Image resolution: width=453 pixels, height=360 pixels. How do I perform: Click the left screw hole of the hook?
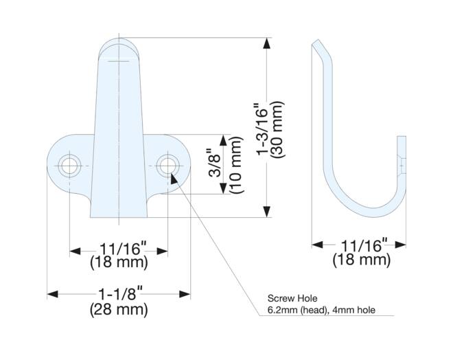pos(69,166)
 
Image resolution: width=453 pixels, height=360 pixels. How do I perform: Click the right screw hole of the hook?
pos(167,166)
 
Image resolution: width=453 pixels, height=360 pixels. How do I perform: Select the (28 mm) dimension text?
pos(119,310)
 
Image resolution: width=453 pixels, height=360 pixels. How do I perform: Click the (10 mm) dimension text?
pos(237,165)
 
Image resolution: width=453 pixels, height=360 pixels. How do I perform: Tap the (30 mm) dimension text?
pos(277,129)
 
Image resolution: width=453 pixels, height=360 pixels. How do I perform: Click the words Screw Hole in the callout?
pos(292,298)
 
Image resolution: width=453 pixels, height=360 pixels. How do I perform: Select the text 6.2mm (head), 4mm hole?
pos(321,311)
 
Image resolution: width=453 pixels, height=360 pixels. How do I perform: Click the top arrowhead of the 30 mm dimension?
pos(267,43)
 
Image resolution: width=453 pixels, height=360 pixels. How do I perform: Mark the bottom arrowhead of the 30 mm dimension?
pos(267,212)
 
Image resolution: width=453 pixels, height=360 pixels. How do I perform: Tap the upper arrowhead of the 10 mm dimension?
pos(223,140)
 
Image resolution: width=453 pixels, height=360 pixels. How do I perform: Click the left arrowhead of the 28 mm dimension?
pos(53,294)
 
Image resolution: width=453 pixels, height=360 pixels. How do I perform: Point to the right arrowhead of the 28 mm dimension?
pos(185,294)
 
